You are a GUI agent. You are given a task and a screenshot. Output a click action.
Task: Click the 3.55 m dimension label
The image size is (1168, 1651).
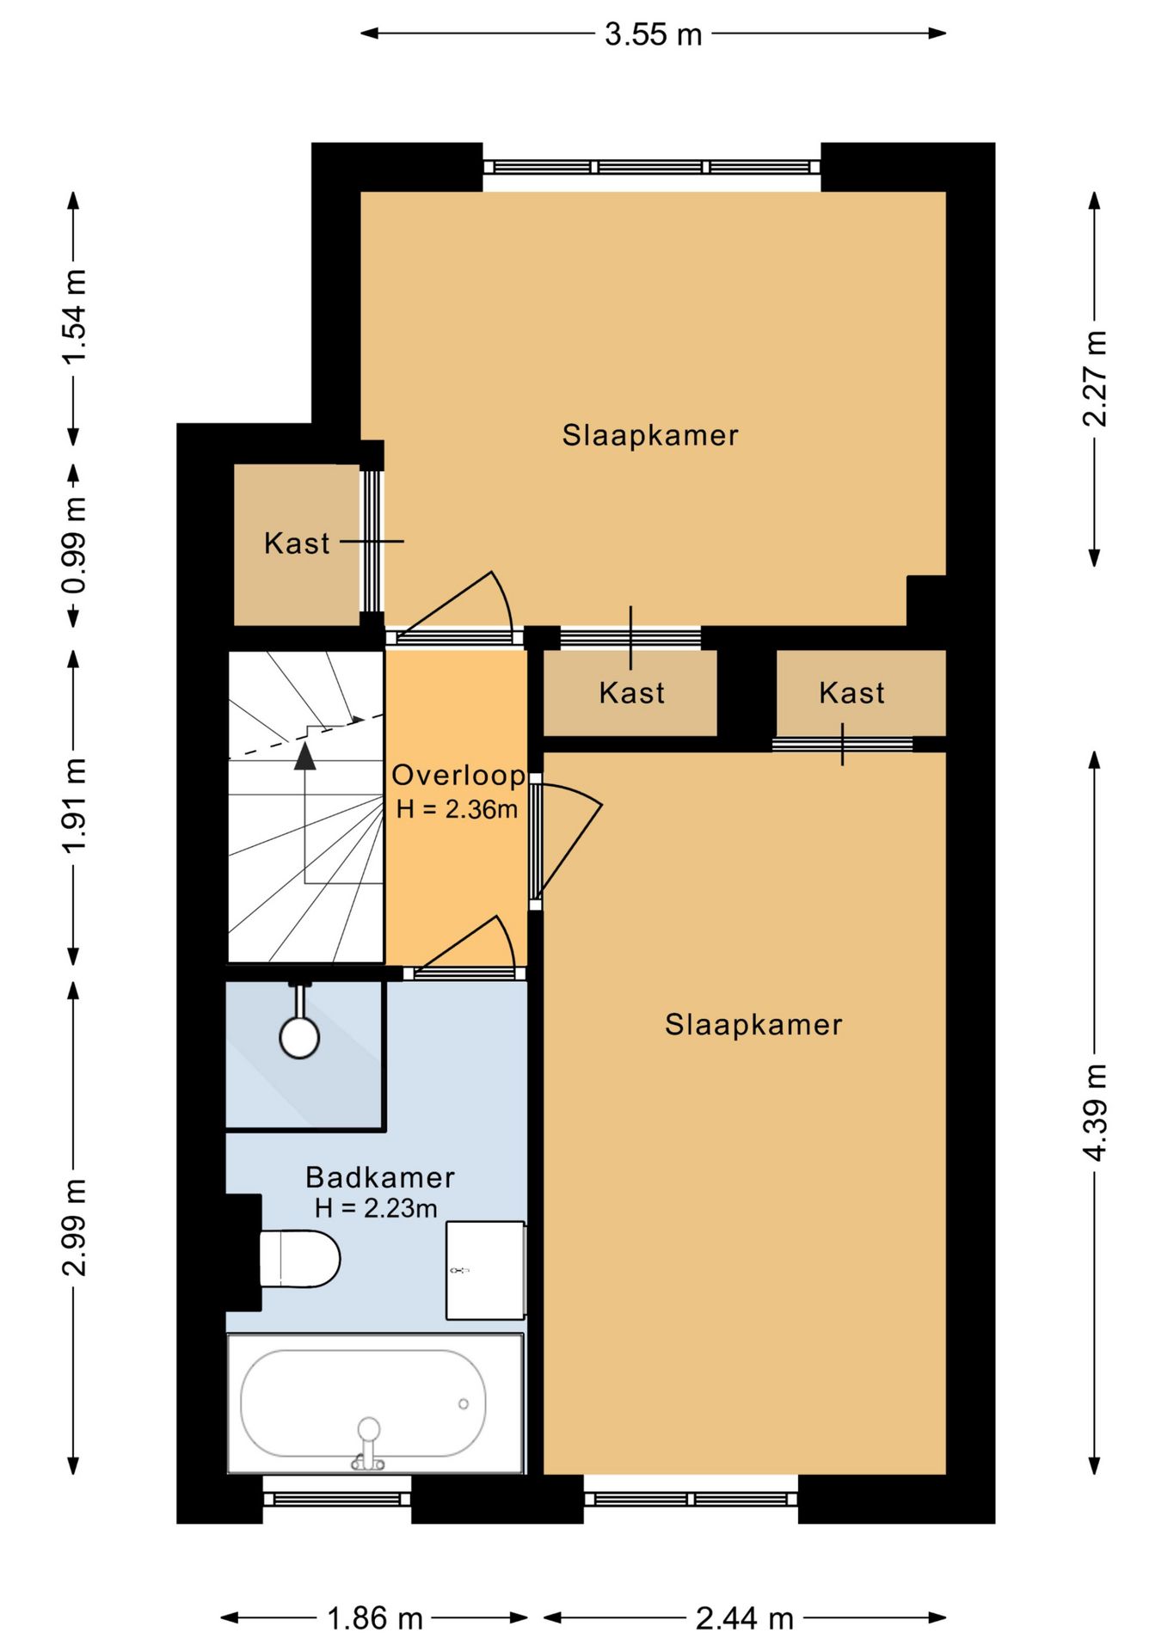(653, 34)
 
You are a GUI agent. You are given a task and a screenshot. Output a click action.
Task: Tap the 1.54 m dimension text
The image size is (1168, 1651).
(75, 316)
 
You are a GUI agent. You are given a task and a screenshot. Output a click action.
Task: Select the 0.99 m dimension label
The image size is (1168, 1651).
(75, 545)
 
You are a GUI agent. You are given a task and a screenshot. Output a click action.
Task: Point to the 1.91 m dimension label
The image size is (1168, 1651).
(75, 806)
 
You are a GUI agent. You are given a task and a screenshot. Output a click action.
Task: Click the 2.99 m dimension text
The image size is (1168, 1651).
(75, 1227)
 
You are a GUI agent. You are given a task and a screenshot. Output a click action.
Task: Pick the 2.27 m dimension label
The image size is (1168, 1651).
(1095, 378)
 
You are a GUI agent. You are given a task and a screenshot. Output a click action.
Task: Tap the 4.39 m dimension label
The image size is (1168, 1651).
(1095, 1113)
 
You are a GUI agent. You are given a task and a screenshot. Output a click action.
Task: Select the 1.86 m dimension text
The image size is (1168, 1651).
(375, 1618)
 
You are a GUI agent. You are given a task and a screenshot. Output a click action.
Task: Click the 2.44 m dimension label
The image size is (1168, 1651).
(744, 1618)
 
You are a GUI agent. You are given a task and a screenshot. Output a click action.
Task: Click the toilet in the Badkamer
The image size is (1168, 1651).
(299, 1259)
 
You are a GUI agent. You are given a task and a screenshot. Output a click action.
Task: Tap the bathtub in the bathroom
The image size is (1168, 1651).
(376, 1403)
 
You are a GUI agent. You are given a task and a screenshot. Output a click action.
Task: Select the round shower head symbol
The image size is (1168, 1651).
(299, 1037)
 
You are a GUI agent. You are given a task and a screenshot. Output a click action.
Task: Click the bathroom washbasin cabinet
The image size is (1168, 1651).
(486, 1270)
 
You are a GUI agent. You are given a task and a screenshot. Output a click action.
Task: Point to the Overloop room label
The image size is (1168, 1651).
(458, 775)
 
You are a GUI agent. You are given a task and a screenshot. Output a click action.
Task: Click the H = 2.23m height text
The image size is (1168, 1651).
(376, 1208)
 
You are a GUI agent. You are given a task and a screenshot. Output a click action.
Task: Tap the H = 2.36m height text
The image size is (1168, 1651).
(457, 809)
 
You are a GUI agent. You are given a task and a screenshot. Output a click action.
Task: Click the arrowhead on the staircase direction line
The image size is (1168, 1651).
(304, 756)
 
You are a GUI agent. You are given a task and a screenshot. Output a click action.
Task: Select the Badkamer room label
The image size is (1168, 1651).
(380, 1176)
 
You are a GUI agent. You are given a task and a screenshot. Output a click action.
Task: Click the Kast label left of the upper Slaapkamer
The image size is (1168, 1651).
(297, 543)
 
